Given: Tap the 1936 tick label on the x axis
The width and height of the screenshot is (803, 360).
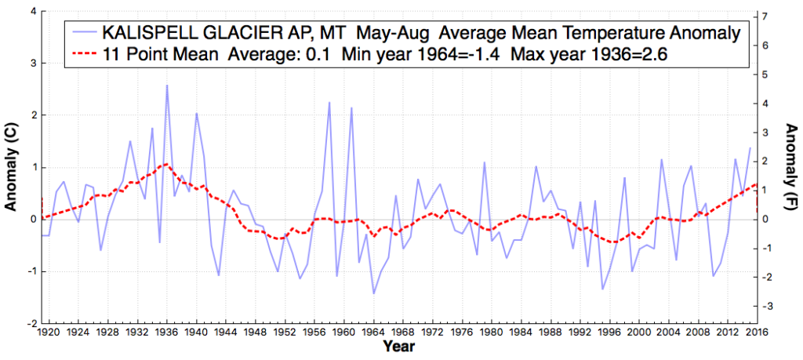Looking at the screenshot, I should tap(166, 332).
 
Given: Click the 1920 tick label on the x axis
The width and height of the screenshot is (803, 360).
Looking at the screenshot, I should tap(49, 332).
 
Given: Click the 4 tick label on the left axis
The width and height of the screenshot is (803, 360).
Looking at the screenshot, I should tap(31, 12).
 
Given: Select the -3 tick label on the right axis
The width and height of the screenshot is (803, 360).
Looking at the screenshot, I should tap(772, 306).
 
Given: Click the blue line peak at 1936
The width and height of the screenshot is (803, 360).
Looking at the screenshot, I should tap(167, 85).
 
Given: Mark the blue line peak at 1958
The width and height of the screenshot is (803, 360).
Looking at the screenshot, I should tap(329, 103).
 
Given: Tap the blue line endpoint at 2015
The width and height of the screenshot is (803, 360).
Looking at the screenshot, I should tap(750, 148).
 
